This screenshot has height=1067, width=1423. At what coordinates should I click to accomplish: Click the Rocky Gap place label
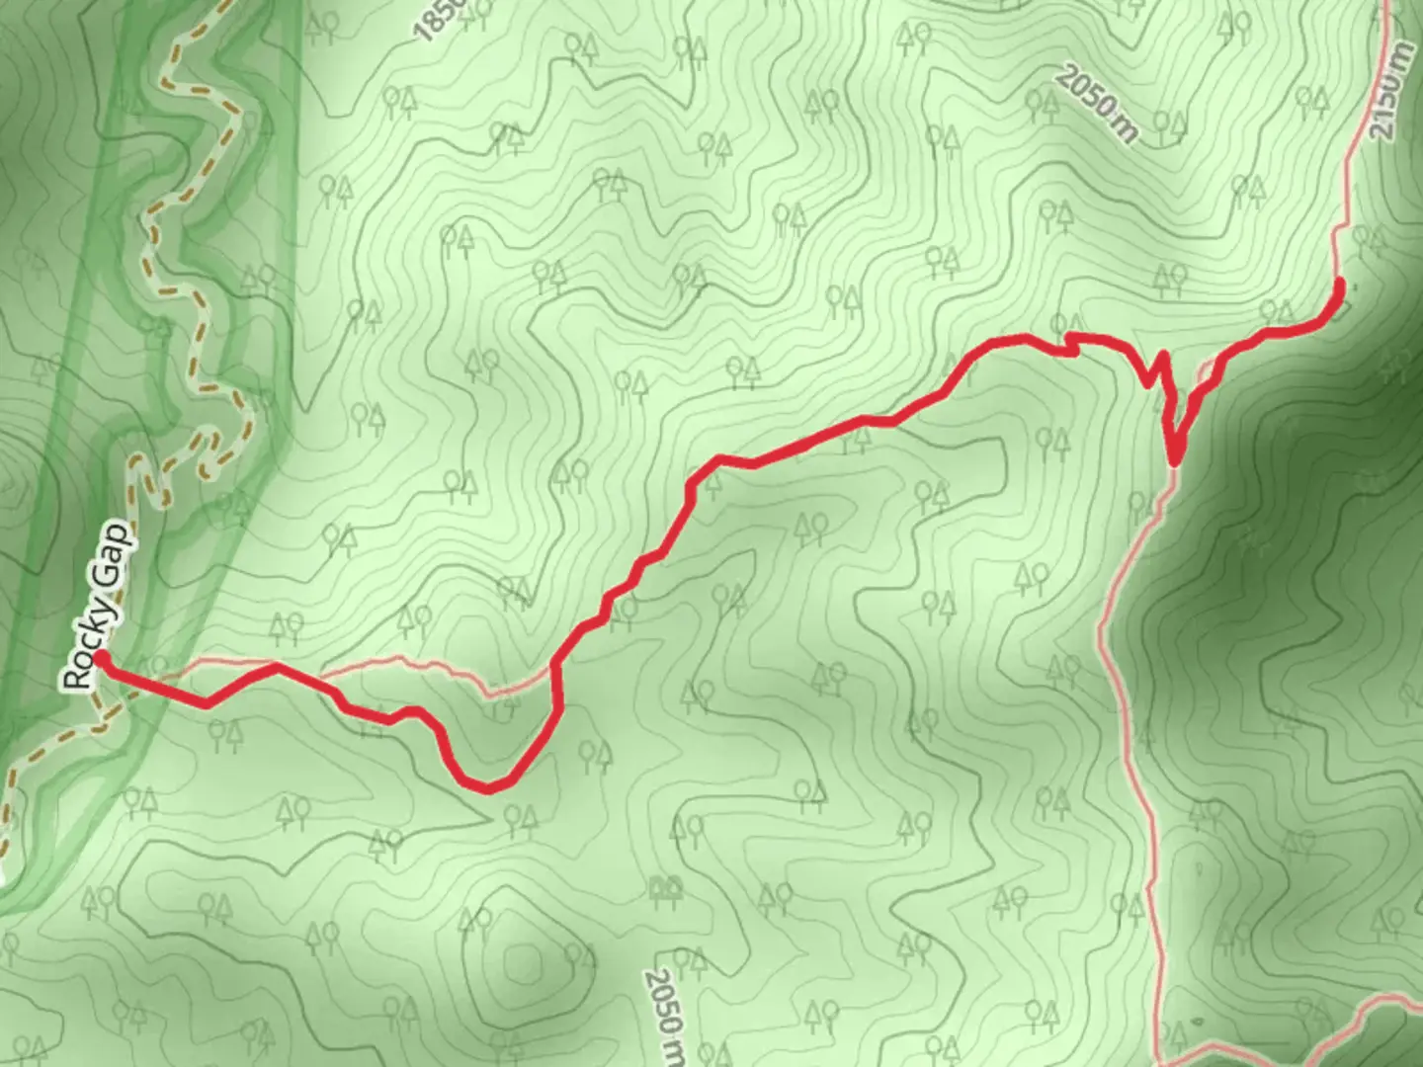96,609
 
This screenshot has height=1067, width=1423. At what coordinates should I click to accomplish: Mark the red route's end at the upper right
1340,285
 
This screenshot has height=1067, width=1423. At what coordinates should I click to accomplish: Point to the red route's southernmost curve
487,786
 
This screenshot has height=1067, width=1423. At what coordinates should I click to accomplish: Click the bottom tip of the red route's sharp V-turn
1174,460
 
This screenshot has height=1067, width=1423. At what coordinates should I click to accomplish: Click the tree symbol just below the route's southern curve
520,816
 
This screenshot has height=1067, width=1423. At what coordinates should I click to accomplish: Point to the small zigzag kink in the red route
1069,343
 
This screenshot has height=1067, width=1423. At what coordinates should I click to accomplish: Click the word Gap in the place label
116,553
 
